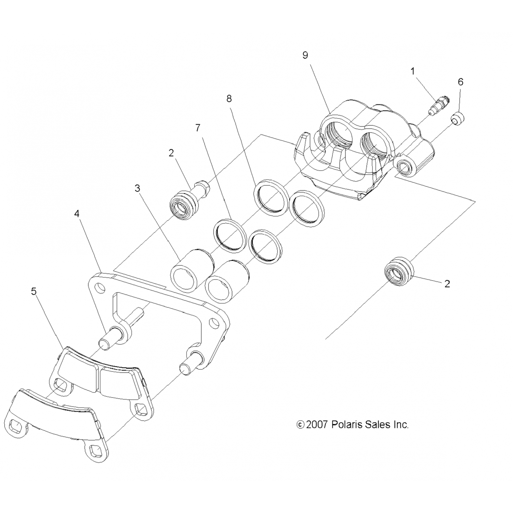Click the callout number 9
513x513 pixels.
coord(305,55)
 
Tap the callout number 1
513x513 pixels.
coord(413,71)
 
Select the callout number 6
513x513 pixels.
coord(460,82)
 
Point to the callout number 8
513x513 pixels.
coord(229,98)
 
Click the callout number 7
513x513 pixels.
coord(198,128)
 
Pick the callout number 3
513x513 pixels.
coord(137,188)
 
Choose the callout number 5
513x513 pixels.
coord(34,291)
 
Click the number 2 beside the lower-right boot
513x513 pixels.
coord(447,284)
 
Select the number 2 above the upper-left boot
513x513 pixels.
coord(171,153)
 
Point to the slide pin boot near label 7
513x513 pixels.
coord(184,206)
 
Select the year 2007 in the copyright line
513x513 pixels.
coord(318,425)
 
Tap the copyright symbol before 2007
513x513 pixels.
coord(300,425)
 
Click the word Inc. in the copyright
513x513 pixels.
coord(400,425)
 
